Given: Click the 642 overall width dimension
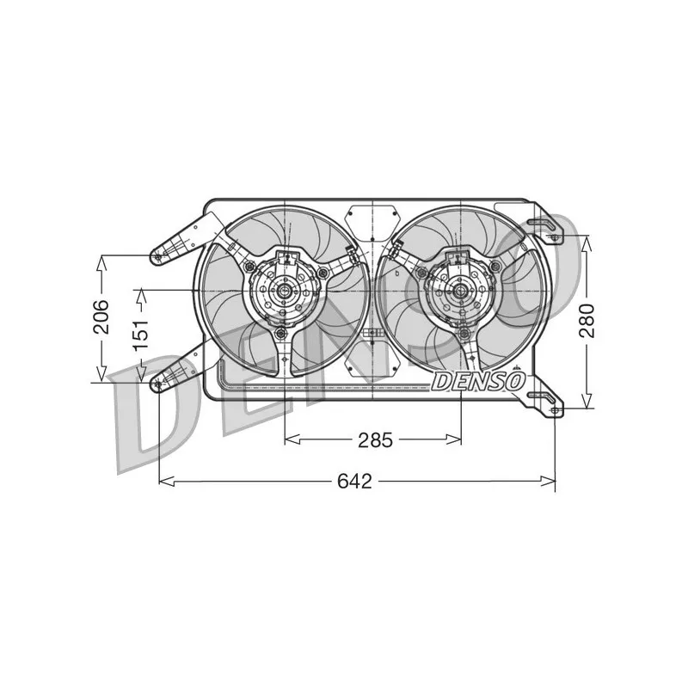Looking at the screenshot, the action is click(354, 482).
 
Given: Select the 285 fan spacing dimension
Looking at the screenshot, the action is click(375, 439).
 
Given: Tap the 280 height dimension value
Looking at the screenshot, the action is click(587, 321).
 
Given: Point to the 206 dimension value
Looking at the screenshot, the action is click(101, 316).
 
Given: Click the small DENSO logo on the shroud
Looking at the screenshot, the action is click(478, 381).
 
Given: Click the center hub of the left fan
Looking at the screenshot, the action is click(284, 291).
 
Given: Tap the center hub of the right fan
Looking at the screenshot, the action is click(460, 291).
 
